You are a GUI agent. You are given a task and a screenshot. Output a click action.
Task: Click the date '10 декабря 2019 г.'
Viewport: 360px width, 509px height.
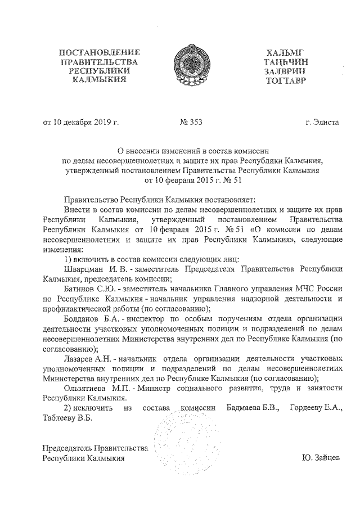(80, 121)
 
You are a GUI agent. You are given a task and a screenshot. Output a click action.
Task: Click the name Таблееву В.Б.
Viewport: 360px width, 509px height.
(67, 418)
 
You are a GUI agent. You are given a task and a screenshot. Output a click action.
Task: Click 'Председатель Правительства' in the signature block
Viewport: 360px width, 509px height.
(96, 448)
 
